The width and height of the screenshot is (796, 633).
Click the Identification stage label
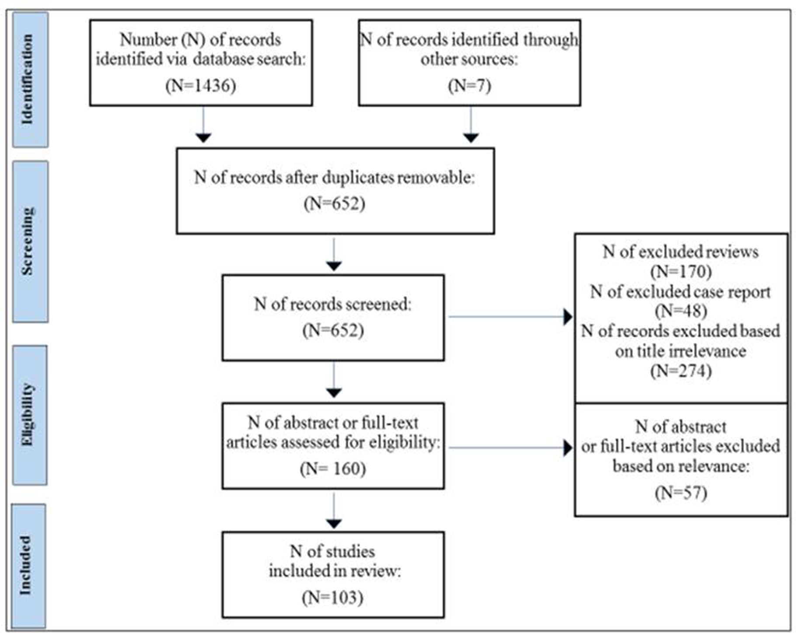pyautogui.click(x=29, y=79)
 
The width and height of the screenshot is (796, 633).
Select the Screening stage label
pyautogui.click(x=29, y=241)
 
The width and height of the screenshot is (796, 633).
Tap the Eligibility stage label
pyautogui.click(x=29, y=414)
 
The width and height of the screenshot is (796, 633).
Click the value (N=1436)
pyautogui.click(x=201, y=85)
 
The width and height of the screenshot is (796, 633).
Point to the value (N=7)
pyautogui.click(x=469, y=85)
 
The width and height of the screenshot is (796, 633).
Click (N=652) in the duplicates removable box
pyautogui.click(x=335, y=204)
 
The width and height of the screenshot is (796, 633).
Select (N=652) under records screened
pyautogui.click(x=333, y=330)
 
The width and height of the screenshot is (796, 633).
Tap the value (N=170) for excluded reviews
pyautogui.click(x=681, y=271)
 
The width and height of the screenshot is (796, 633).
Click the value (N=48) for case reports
pyautogui.click(x=681, y=311)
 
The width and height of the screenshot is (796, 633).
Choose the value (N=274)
pyautogui.click(x=681, y=371)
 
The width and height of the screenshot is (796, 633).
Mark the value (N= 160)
pyautogui.click(x=333, y=469)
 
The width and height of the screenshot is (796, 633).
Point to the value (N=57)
pyautogui.click(x=681, y=493)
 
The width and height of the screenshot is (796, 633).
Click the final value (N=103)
pyautogui.click(x=333, y=597)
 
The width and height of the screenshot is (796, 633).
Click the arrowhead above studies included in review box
pyautogui.click(x=334, y=523)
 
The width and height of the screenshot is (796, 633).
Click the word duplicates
pyautogui.click(x=358, y=178)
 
